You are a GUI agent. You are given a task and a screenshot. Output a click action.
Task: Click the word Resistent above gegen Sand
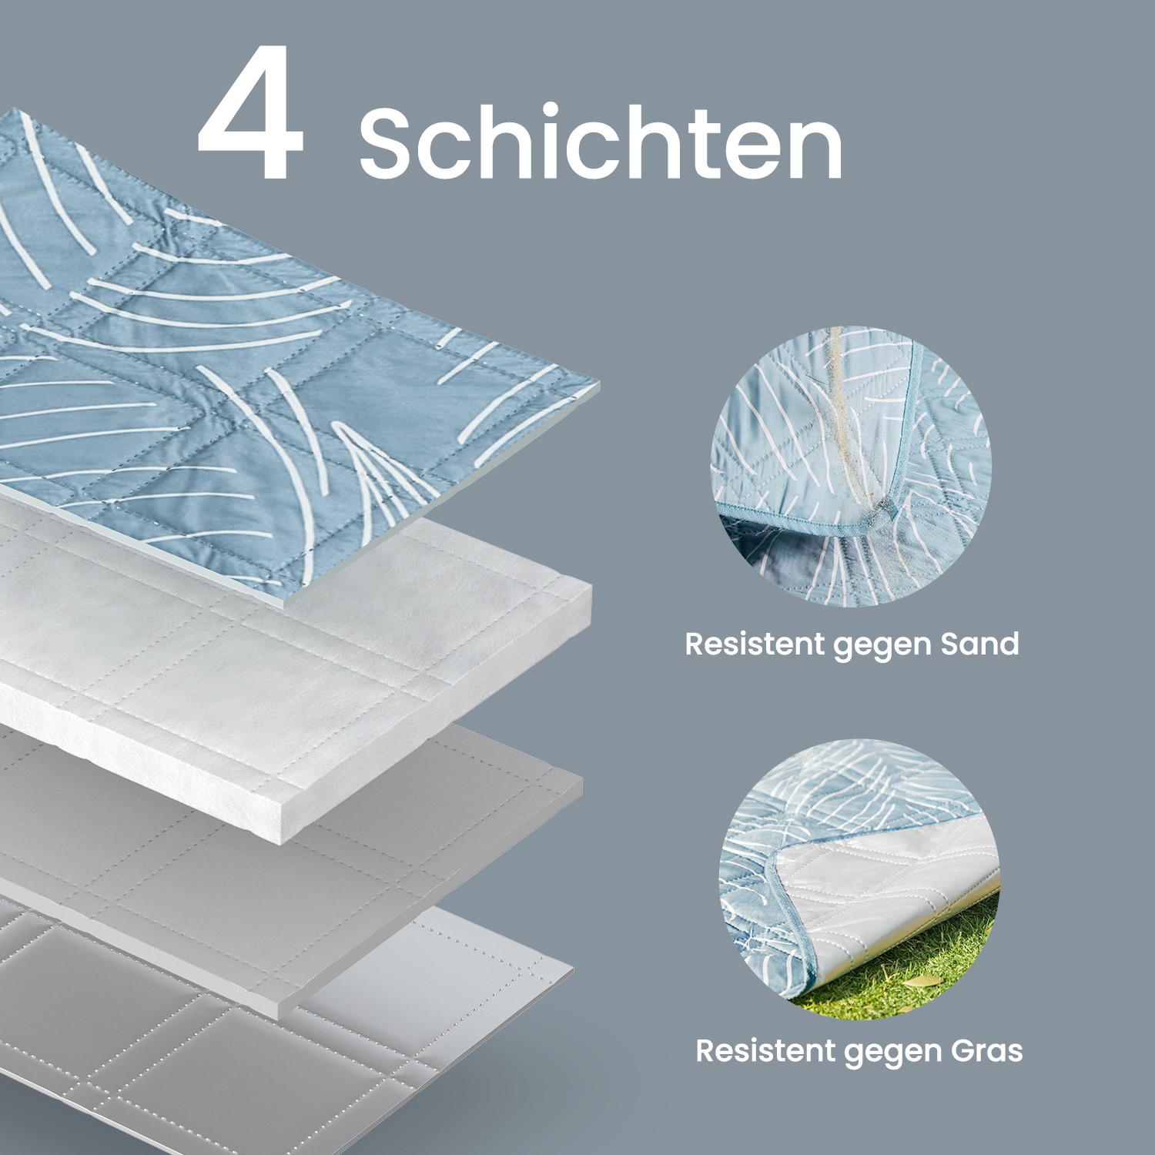tap(755, 644)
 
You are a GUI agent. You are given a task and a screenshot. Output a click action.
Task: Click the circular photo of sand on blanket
tap(851, 466)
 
